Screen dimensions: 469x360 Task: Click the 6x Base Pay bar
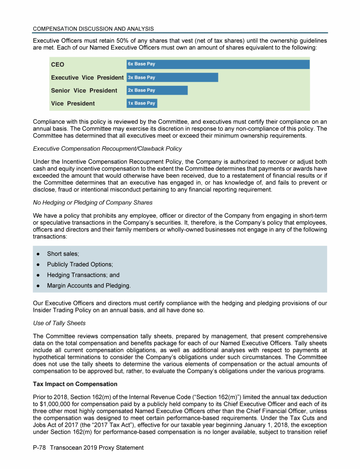(218, 64)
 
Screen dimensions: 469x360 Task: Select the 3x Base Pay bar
(172, 77)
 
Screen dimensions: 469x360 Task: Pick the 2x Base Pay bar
(157, 90)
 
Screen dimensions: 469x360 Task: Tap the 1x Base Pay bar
(142, 103)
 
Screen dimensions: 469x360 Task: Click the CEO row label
(58, 64)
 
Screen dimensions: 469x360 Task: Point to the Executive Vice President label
(87, 77)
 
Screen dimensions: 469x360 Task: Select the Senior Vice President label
(84, 91)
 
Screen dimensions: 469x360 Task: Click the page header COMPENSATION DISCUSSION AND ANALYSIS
(93, 29)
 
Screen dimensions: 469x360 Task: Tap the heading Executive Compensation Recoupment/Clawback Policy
(107, 149)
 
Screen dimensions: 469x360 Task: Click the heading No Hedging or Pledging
(92, 203)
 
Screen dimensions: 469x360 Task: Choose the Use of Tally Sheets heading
(60, 323)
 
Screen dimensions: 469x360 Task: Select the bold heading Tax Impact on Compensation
(75, 384)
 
